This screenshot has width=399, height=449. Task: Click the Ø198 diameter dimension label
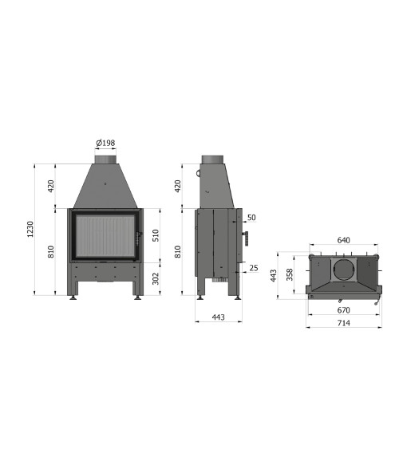click(105, 143)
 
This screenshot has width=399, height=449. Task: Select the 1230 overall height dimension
click(30, 229)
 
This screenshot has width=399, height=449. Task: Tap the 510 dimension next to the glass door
click(156, 235)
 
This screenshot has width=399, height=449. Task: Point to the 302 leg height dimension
click(156, 278)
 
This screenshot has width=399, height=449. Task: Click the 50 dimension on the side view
click(251, 218)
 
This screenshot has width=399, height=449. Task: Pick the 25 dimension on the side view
click(254, 268)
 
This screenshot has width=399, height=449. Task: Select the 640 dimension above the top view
click(343, 240)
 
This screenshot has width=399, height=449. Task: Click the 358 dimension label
click(290, 274)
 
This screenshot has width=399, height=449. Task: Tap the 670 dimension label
click(343, 310)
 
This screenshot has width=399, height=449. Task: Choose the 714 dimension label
click(343, 323)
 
